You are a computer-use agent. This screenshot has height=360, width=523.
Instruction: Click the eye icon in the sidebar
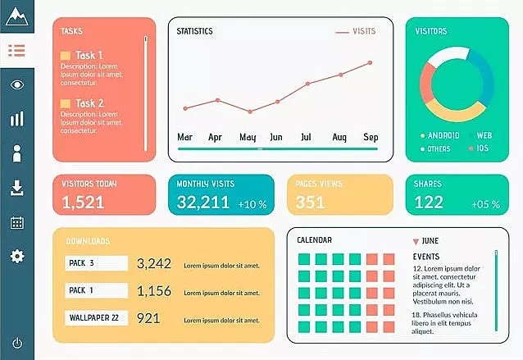pos(17,84)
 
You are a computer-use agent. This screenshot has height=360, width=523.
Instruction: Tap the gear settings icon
pos(17,257)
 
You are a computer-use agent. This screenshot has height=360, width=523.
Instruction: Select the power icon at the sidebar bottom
pos(17,343)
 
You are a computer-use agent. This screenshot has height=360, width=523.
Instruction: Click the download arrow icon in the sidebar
pos(17,188)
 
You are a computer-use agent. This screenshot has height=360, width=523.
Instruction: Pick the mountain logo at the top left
pos(17,15)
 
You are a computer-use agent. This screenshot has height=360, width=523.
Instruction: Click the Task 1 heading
pos(89,56)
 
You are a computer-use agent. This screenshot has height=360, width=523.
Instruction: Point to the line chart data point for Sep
pos(371,62)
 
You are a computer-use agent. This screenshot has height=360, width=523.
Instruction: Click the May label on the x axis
pos(248,137)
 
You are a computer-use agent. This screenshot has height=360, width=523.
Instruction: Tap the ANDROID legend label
pos(443,135)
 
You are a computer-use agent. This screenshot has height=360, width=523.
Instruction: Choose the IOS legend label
pos(483,148)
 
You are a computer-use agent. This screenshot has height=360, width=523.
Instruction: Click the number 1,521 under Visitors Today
pos(83,203)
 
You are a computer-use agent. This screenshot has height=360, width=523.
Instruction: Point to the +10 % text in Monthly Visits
pos(252,204)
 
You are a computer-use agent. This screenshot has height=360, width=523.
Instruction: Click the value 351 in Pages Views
pos(311,203)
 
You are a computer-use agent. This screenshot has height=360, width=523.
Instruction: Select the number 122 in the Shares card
pos(429,203)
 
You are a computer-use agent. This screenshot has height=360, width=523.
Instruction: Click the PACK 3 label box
pos(96,263)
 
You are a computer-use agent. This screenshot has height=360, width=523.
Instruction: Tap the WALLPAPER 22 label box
pos(96,318)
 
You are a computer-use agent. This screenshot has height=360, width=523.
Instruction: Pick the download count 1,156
pos(154,291)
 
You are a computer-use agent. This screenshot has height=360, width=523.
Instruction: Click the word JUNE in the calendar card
pos(430,241)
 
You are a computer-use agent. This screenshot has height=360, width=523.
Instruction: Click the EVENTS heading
pos(425,257)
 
